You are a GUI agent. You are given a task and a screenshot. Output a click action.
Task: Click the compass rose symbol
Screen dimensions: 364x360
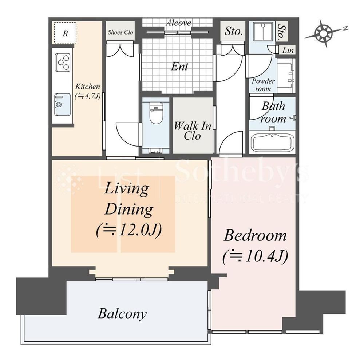click(x=323, y=33)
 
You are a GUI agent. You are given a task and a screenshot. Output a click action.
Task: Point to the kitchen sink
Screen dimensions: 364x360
click(x=62, y=104)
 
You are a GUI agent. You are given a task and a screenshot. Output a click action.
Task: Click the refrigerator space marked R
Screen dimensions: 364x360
click(x=65, y=33)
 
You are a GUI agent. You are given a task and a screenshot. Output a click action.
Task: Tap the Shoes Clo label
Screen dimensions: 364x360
click(x=120, y=32)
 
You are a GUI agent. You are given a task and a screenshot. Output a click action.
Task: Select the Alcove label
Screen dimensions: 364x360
click(x=178, y=23)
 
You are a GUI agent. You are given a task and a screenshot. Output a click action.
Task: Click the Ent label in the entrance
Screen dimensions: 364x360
click(x=179, y=67)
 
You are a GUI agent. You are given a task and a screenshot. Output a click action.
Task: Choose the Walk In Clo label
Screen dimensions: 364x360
click(x=193, y=131)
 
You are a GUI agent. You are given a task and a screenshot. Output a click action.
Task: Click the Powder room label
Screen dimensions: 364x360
click(x=263, y=85)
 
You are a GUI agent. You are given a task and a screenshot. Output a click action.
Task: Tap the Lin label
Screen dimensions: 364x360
click(x=288, y=50)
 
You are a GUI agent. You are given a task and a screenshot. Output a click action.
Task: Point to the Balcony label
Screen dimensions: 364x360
click(x=122, y=314)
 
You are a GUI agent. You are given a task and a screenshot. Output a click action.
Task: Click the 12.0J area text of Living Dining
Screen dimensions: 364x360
click(x=129, y=230)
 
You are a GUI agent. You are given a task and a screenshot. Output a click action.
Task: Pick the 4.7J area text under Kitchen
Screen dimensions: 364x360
click(x=87, y=96)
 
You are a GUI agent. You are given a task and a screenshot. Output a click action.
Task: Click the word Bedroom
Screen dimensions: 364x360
click(x=255, y=235)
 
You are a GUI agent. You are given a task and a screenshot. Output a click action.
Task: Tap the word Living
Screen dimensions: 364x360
click(x=127, y=189)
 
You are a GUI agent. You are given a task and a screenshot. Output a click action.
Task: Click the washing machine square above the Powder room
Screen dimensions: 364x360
click(x=263, y=32)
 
